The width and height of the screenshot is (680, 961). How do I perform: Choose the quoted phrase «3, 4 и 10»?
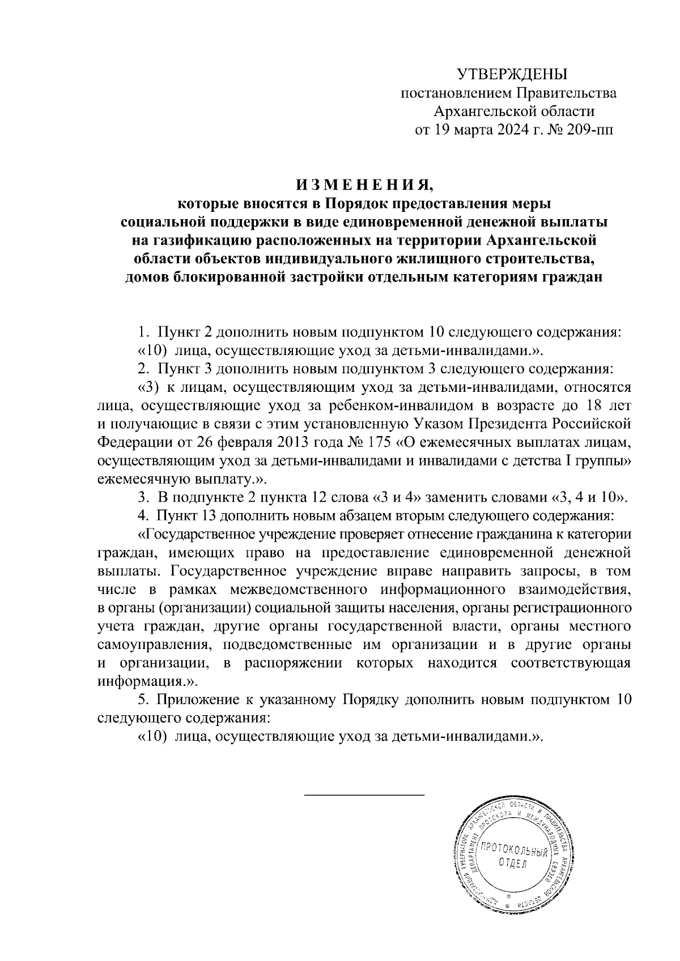(589, 498)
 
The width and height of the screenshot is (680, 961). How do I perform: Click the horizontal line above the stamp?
(364, 795)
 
